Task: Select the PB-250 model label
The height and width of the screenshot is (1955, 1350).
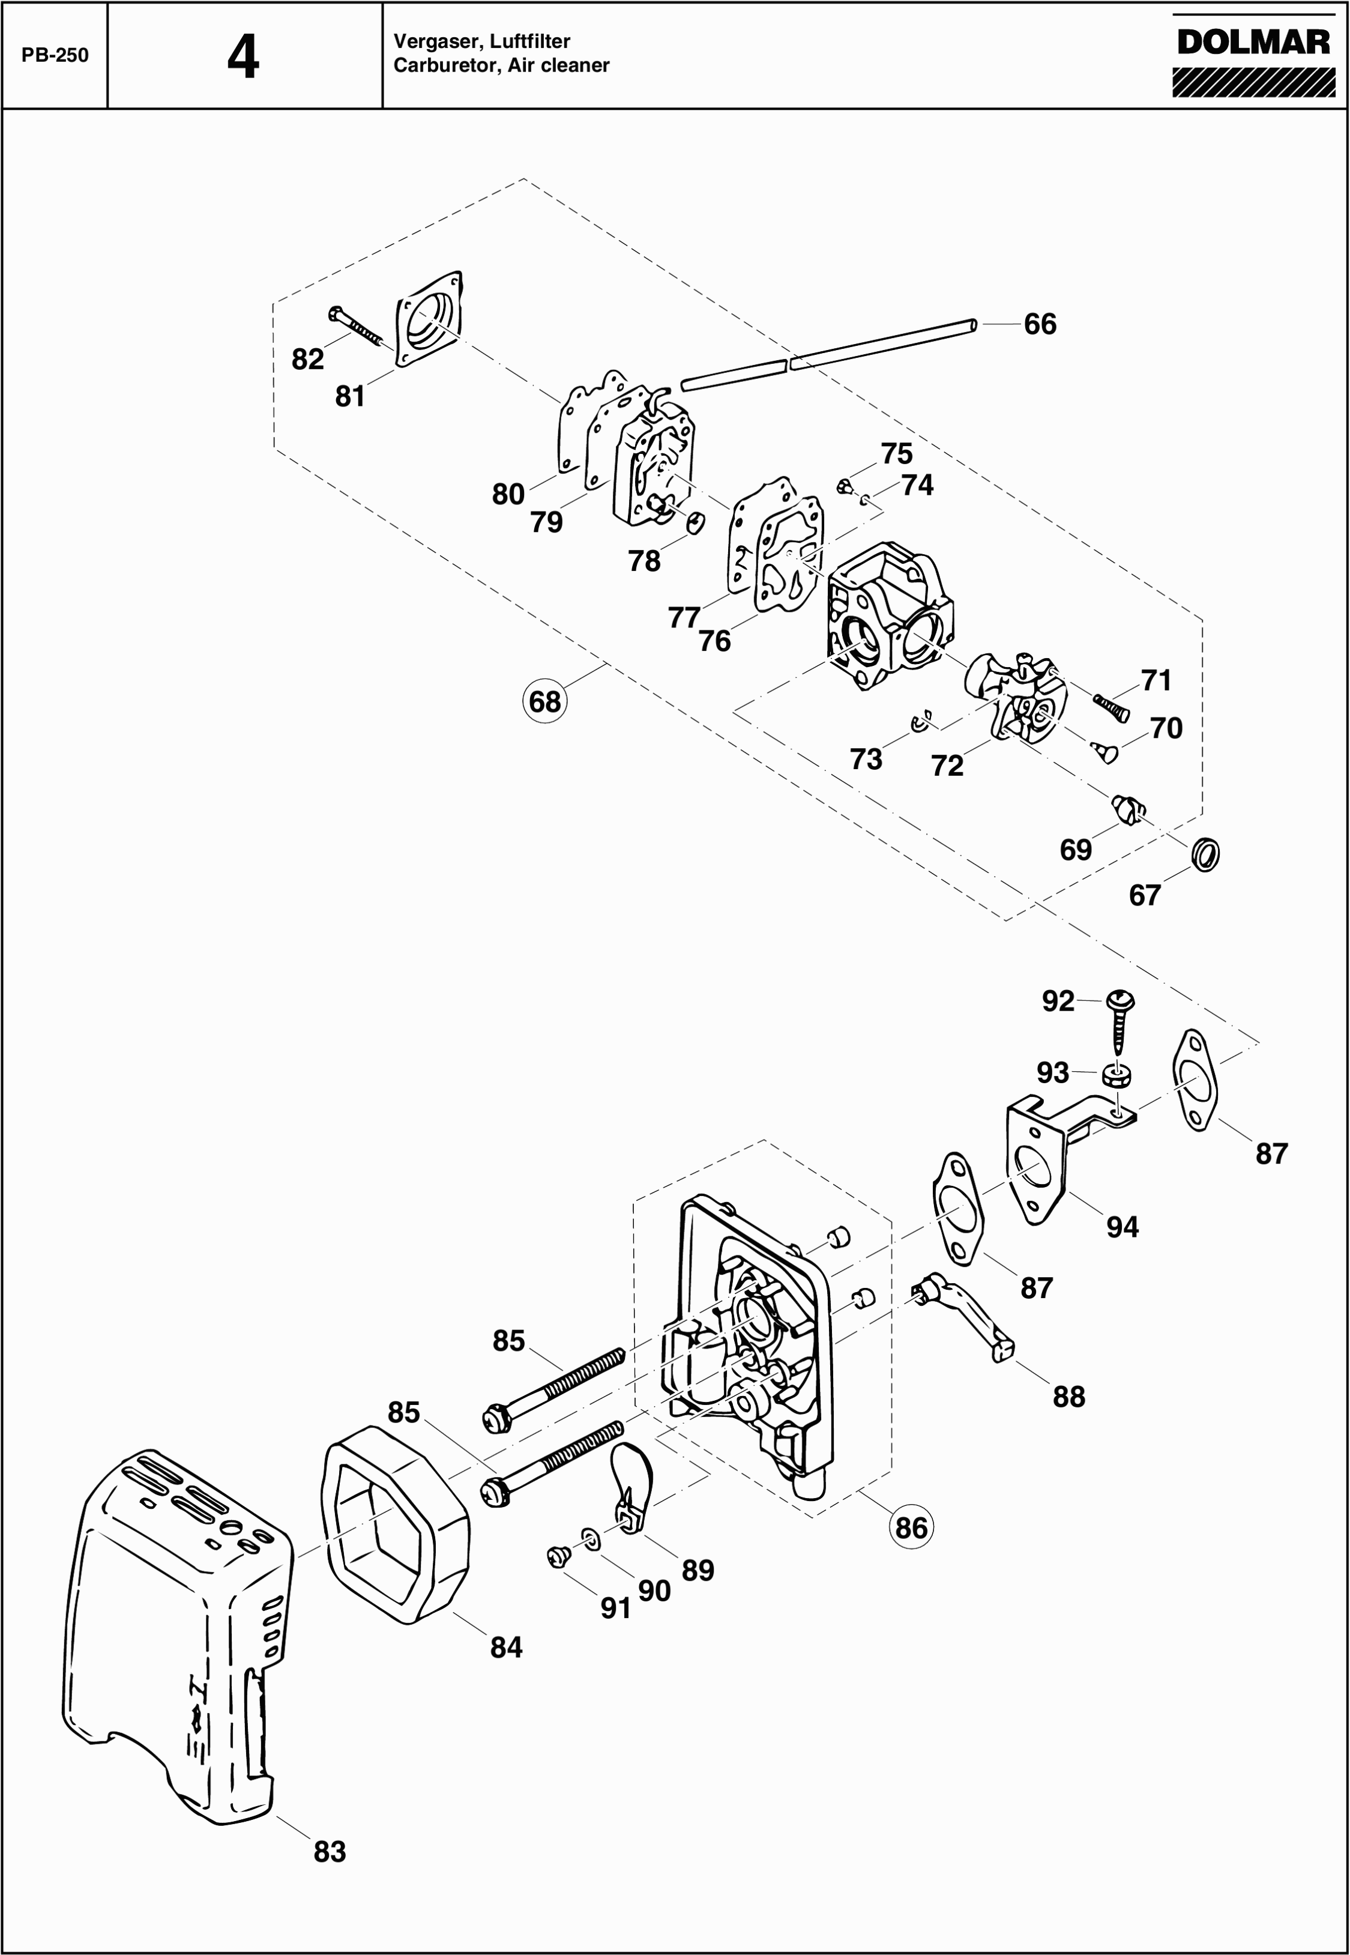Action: point(55,56)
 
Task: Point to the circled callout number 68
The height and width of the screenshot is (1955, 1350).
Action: point(544,701)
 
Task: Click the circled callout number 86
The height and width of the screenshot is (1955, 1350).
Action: point(911,1527)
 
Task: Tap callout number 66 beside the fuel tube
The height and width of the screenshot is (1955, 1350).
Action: point(1040,324)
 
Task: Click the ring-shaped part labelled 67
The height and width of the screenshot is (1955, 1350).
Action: point(1205,854)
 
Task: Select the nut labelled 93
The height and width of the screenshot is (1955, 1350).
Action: point(1117,1076)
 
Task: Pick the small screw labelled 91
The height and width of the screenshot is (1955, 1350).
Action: point(558,1555)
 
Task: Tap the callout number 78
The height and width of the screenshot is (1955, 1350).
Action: point(645,560)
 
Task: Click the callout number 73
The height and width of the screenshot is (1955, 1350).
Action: point(866,760)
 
